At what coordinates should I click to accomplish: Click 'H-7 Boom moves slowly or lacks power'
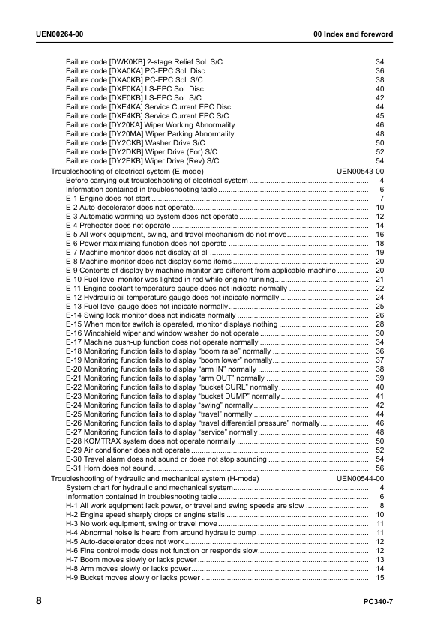[x=131, y=559]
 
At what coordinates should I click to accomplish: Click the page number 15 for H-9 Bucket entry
[x=380, y=577]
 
